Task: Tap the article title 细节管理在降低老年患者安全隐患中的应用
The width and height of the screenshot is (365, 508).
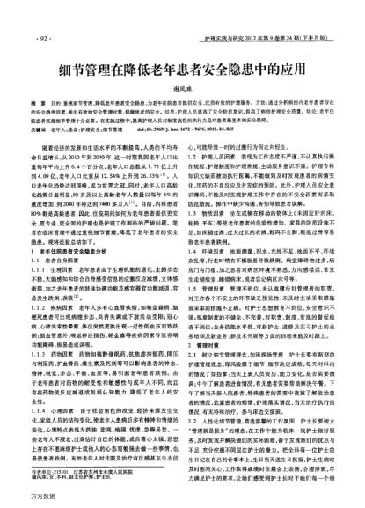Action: coord(181,71)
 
